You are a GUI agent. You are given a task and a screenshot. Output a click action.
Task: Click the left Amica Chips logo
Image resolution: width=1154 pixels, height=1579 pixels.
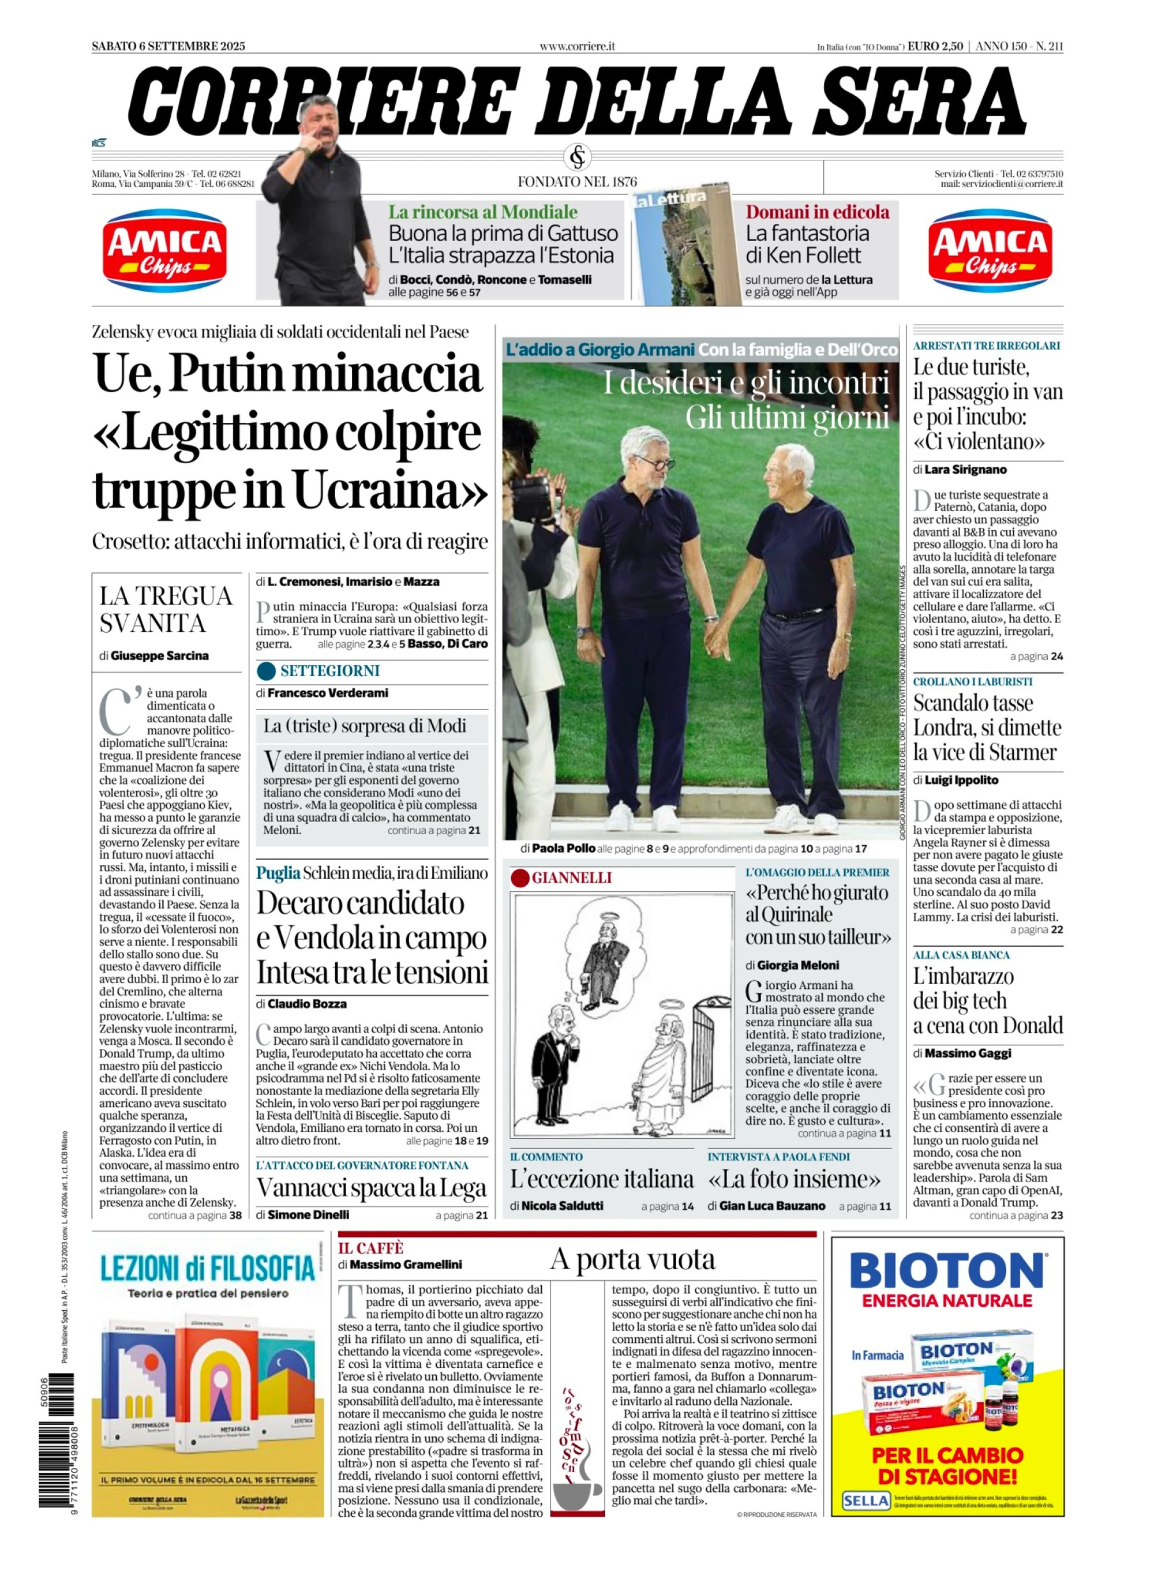[x=165, y=250]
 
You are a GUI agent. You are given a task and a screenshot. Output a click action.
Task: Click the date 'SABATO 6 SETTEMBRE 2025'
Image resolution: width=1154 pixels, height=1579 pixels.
[x=168, y=46]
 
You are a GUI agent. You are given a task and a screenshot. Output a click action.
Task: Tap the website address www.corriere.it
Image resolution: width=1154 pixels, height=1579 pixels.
[x=576, y=46]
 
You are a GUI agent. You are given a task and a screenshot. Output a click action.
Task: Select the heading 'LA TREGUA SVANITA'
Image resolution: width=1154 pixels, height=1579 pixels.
[x=166, y=609]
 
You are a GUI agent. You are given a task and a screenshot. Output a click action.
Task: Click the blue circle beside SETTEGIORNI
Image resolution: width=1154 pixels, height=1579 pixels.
[x=266, y=671]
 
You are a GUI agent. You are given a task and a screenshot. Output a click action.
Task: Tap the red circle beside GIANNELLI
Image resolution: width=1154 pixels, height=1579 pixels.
[x=520, y=878]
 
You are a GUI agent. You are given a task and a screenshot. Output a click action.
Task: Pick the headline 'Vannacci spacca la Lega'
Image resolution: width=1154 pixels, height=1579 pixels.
[x=371, y=1188]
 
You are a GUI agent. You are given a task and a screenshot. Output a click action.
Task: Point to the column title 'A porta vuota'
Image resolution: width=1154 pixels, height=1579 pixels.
[x=632, y=1260]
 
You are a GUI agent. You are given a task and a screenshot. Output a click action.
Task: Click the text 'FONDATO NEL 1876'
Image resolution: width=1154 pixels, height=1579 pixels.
[x=577, y=182]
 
